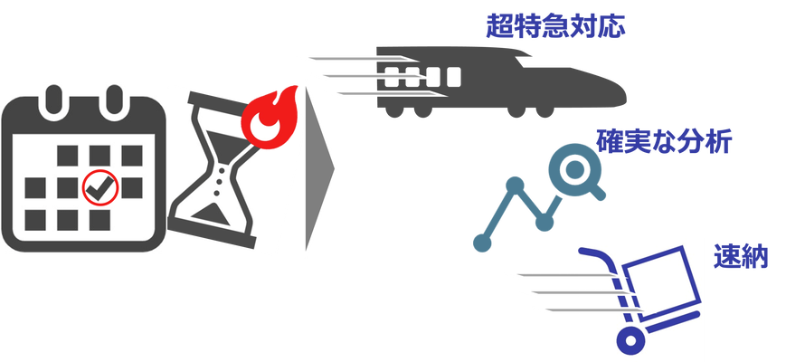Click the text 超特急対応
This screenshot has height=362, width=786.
[556, 26]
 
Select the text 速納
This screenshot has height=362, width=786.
[741, 257]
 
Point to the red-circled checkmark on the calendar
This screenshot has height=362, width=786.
[100, 187]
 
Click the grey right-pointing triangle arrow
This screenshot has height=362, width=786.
[319, 168]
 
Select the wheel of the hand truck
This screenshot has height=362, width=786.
[630, 341]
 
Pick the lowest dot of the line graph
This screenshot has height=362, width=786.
[482, 243]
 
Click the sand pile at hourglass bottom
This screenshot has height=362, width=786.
[210, 216]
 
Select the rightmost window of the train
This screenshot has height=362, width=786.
[453, 76]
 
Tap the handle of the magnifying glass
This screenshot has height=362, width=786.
[597, 192]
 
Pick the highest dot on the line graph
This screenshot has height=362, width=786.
[515, 186]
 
